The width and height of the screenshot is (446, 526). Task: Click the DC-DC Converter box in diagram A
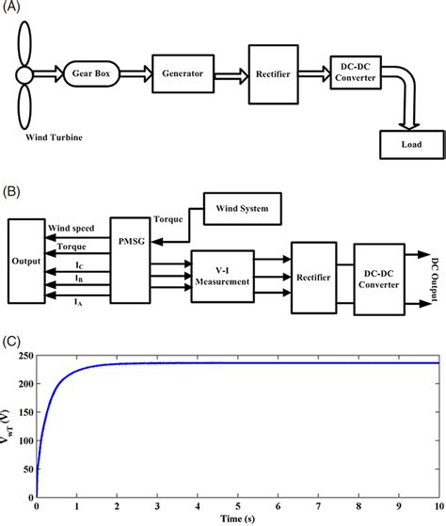pos(353,75)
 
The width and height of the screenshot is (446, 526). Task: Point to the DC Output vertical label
pos(434,278)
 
